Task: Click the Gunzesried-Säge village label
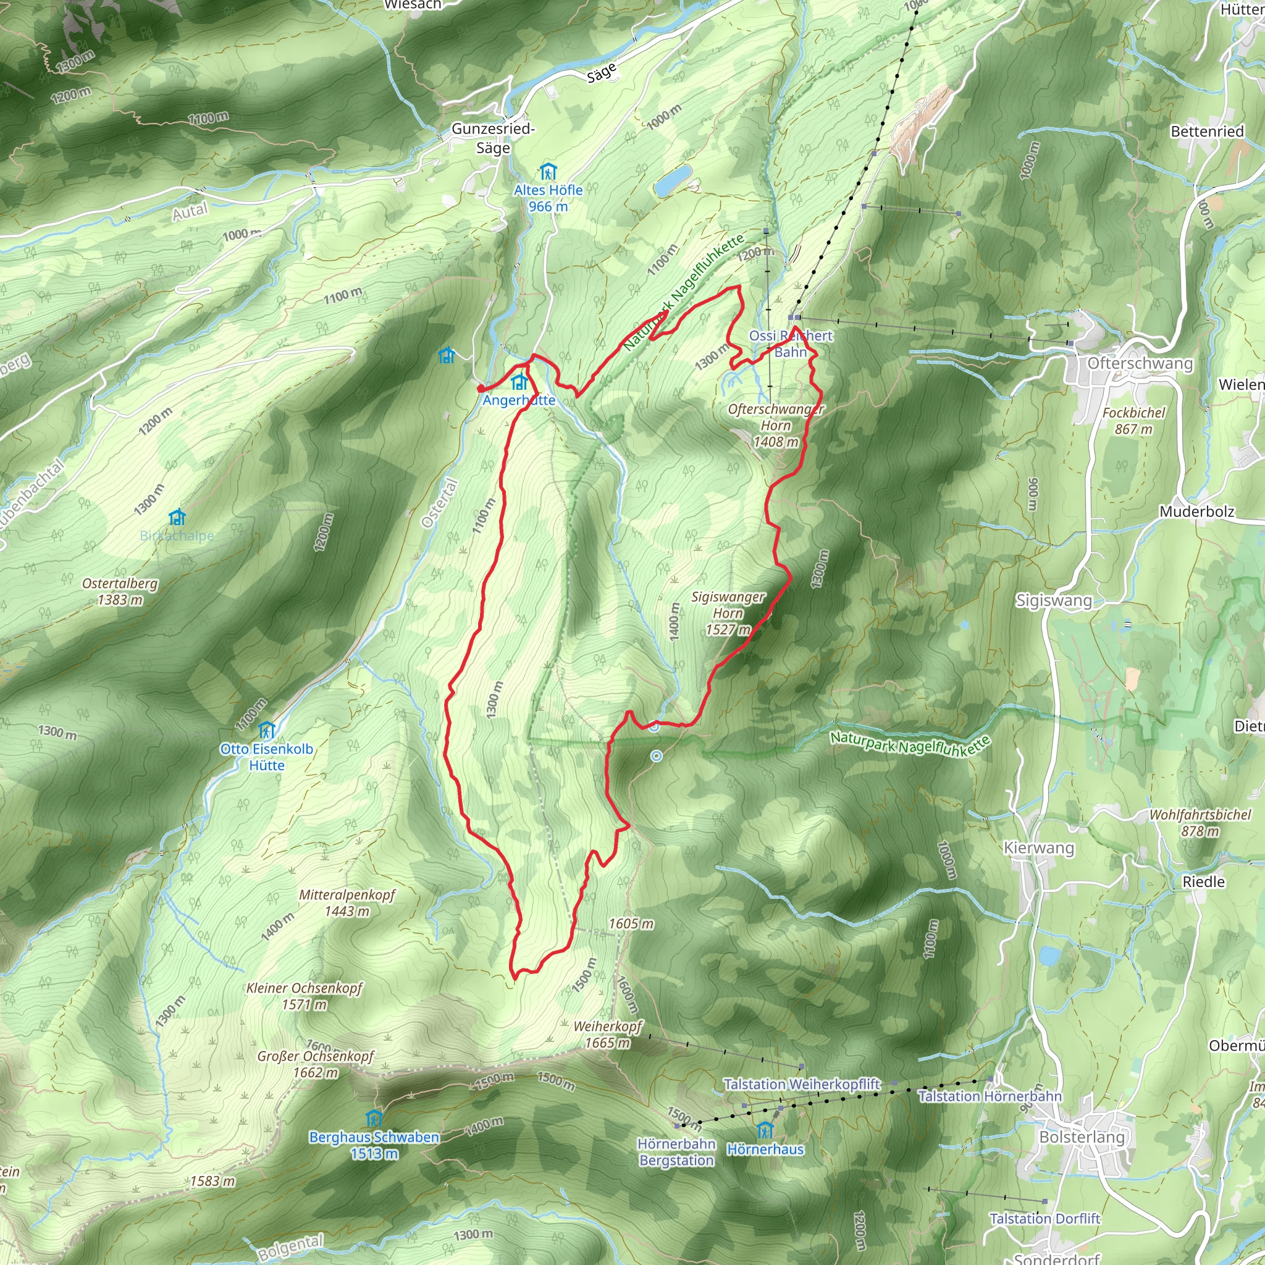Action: tap(493, 138)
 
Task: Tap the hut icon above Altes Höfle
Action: tap(548, 172)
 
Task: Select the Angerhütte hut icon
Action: tap(519, 382)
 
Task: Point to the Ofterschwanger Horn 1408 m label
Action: tap(776, 425)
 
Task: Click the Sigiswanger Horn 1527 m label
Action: tap(728, 613)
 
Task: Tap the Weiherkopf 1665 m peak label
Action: tap(608, 1035)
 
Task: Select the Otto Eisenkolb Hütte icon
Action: tap(266, 729)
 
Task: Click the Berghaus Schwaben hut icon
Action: tap(374, 1117)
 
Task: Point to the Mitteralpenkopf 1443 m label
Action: tap(347, 902)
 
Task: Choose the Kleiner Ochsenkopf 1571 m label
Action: tap(304, 996)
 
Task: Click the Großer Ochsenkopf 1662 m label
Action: tap(316, 1064)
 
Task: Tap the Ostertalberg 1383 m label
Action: tap(120, 591)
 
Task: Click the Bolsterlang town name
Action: tap(1082, 1137)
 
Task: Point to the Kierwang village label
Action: tap(1039, 849)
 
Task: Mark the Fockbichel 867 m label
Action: tap(1134, 421)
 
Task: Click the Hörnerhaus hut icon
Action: tap(765, 1130)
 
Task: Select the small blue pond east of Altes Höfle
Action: tap(673, 181)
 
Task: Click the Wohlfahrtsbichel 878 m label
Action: tap(1200, 822)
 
